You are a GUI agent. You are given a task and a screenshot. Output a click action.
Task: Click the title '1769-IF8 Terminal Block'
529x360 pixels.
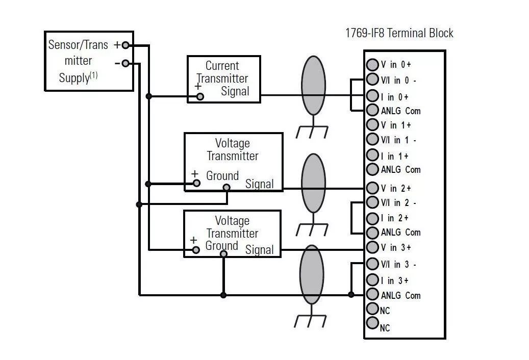[x=399, y=34]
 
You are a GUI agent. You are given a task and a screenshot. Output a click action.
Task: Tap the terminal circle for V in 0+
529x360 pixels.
[x=372, y=65]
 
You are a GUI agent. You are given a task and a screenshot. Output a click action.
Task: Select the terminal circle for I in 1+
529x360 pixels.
[x=372, y=156]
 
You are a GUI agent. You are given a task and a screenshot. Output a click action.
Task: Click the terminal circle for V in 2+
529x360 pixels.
[x=372, y=188]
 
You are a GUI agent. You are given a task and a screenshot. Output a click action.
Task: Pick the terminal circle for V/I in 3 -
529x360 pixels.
[x=372, y=264]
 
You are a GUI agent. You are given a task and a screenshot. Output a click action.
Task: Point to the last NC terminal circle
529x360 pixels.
[x=372, y=323]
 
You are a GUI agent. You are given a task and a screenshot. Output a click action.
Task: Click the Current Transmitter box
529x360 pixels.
[x=223, y=79]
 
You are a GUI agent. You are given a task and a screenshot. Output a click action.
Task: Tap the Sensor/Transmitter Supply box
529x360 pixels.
[x=89, y=61]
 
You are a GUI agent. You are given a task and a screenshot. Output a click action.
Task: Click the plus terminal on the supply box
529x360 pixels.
[x=125, y=45]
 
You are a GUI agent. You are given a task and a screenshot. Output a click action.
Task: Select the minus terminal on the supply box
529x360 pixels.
[x=125, y=64]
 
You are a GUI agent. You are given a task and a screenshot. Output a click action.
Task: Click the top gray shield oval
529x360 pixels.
[x=313, y=85]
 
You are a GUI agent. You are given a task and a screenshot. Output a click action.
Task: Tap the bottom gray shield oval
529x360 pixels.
[x=311, y=274]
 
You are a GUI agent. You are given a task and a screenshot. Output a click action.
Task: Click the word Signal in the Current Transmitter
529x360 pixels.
[x=235, y=92]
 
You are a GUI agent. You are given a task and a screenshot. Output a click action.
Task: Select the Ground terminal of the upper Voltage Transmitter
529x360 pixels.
[x=226, y=187]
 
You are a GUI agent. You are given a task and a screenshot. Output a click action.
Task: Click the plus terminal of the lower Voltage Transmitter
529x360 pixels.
[x=195, y=250]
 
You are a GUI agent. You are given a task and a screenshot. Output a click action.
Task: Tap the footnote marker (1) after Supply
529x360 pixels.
[x=94, y=75]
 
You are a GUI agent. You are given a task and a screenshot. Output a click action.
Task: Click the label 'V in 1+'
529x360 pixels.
[x=396, y=125]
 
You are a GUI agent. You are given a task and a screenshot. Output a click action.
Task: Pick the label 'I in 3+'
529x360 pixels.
[x=394, y=281]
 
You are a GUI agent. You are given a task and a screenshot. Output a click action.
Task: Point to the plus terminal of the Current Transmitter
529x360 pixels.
[x=200, y=96]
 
